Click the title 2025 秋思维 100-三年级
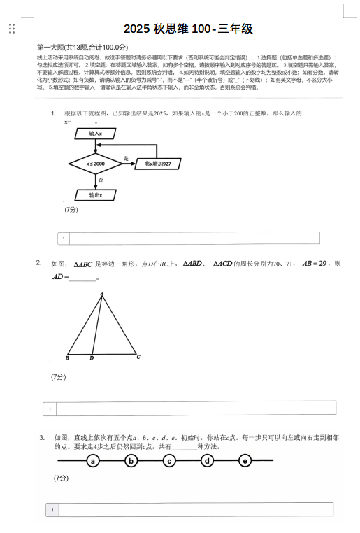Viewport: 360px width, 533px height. pos(188,29)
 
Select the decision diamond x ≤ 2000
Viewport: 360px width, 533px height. pos(95,164)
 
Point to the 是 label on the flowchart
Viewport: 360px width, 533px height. pos(126,158)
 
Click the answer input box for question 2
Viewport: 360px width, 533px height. pos(196,408)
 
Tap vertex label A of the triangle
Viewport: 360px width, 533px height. pos(102,293)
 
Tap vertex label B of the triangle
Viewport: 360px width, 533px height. pos(67,357)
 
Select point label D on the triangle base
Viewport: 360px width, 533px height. pos(92,357)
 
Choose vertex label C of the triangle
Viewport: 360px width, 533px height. pos(138,357)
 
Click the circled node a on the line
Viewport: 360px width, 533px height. pos(93,461)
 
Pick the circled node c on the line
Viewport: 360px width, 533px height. pos(169,461)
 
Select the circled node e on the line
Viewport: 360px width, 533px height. pos(245,461)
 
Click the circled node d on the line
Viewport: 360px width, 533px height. pos(207,461)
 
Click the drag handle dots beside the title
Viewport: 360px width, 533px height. pos(11,29)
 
